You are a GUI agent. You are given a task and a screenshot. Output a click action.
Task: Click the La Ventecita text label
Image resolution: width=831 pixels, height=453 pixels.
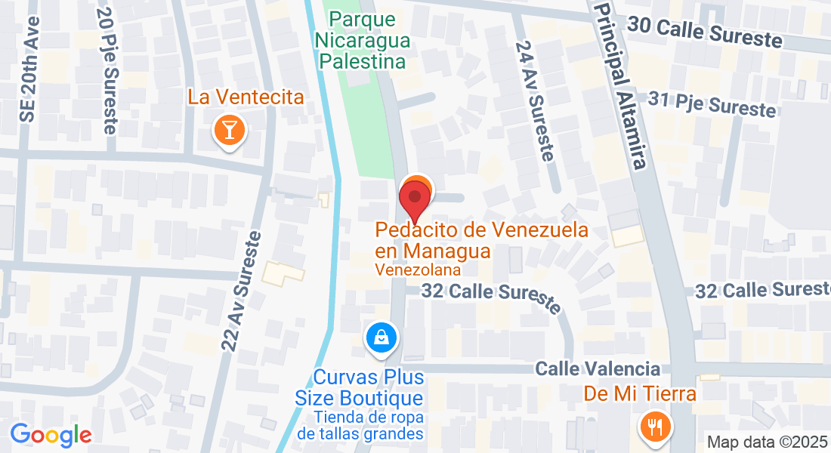pos(246,97)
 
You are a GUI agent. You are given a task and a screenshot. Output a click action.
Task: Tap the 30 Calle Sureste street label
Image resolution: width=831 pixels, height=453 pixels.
pos(704,32)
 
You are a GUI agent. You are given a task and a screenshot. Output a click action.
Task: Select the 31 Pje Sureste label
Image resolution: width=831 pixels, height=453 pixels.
pos(712,104)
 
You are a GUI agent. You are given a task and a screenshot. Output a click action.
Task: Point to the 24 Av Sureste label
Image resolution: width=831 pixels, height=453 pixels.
pos(535,100)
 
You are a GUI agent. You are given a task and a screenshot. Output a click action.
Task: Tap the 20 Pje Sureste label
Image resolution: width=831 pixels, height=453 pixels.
pos(107,69)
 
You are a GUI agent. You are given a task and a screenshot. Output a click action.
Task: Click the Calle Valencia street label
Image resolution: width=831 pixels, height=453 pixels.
pos(598,369)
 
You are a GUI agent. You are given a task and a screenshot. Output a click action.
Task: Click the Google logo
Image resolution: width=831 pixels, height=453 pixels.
pos(51,435)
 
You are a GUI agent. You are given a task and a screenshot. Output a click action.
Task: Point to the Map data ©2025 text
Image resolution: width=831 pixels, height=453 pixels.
pos(767,442)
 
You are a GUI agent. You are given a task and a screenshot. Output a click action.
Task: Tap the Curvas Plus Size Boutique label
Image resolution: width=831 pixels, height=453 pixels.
pos(369,387)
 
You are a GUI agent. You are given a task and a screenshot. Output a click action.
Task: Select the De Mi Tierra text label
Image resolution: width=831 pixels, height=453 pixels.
pos(640,393)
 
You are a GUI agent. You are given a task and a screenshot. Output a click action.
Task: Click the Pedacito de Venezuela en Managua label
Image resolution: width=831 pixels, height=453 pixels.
pos(481,239)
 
